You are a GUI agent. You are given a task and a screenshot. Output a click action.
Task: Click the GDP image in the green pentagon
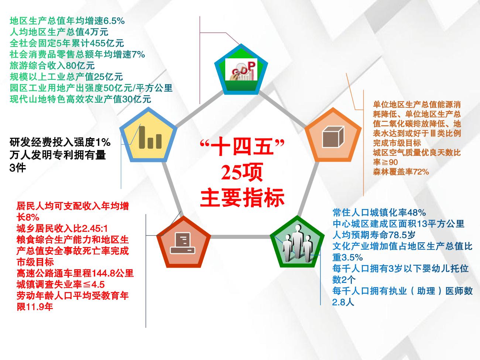point(241,69)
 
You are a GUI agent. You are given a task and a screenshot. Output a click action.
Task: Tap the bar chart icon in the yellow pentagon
point(150,137)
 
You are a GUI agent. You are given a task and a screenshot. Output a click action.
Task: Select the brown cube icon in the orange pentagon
point(333,137)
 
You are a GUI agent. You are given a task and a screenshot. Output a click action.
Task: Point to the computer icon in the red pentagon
point(183,243)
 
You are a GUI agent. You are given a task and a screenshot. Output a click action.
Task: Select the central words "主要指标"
point(242,197)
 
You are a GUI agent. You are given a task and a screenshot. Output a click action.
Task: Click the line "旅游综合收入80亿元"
point(52,66)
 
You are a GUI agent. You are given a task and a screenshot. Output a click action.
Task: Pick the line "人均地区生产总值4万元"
point(59,32)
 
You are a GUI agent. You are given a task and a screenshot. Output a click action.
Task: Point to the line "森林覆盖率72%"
point(401,172)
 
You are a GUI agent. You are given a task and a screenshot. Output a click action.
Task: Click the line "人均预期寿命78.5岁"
point(374,235)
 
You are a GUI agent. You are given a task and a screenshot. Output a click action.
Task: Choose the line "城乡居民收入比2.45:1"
point(62,229)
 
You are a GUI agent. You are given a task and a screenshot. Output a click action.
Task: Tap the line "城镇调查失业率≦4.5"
point(61,285)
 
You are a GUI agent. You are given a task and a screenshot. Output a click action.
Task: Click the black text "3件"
point(18,168)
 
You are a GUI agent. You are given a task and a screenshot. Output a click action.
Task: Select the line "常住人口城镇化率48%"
point(379,213)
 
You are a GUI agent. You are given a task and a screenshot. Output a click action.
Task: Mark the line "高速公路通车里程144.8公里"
point(75,274)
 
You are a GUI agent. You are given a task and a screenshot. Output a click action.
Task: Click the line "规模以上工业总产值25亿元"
point(66,77)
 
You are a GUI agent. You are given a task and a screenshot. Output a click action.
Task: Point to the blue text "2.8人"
point(343,302)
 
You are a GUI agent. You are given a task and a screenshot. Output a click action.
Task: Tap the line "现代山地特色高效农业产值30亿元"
point(80,99)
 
